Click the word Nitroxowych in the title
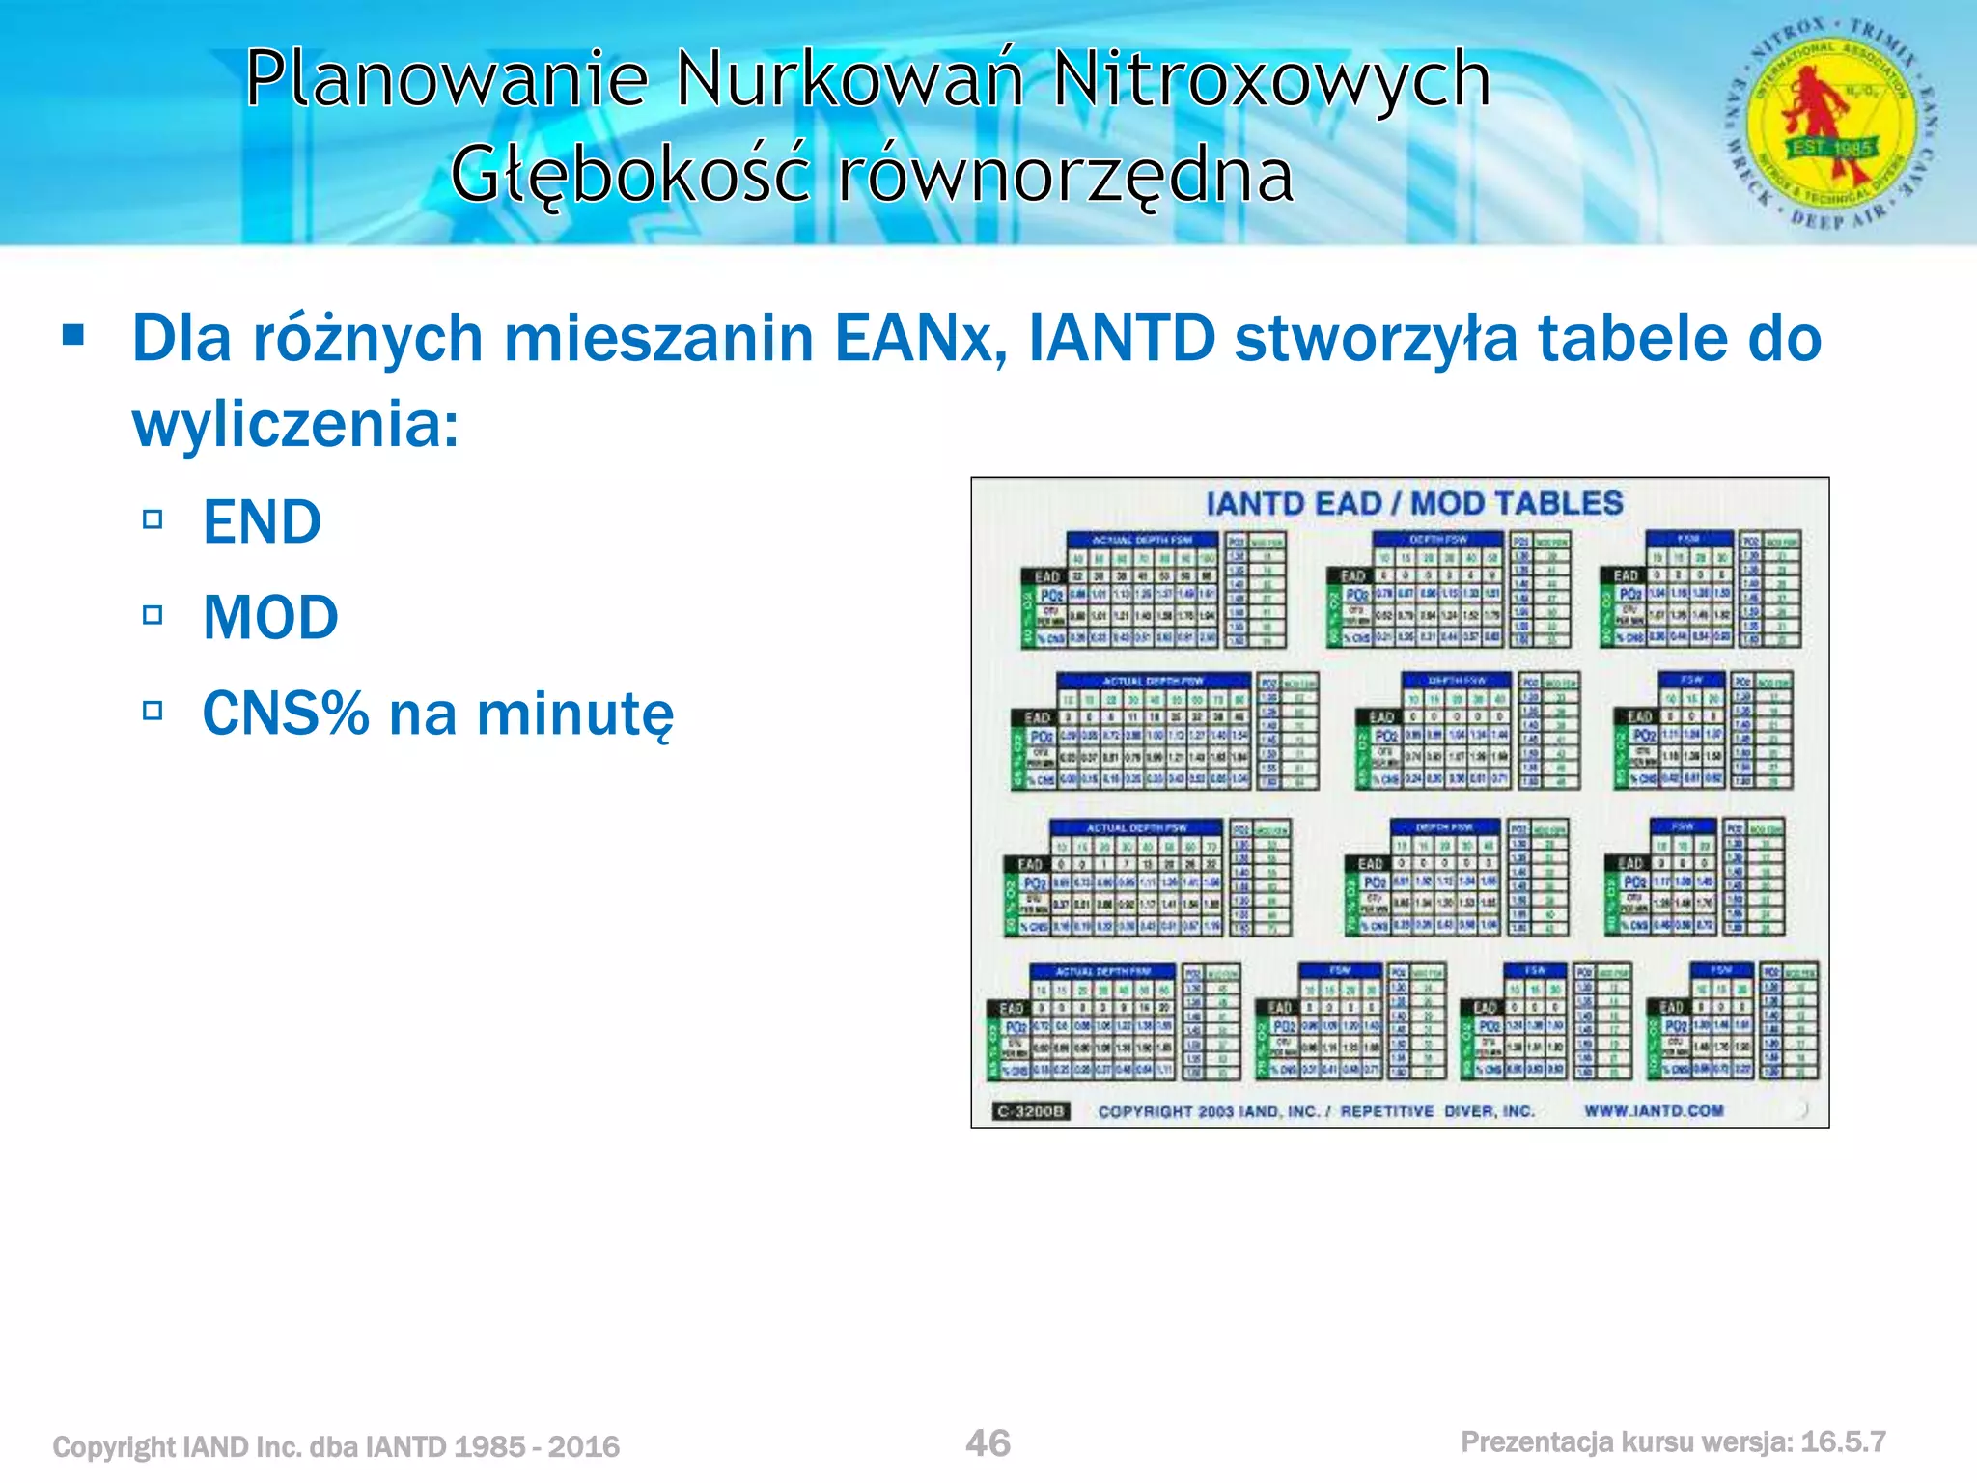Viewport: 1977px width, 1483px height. coord(1271,79)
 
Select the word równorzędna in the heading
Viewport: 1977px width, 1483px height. coord(1065,176)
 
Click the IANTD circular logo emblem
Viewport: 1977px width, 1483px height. coord(1831,124)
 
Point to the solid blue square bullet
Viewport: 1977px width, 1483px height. coord(72,336)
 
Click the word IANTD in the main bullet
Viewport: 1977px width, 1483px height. coord(1122,339)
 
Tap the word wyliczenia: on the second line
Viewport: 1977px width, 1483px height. coord(295,424)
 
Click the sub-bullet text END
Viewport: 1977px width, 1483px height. coord(262,522)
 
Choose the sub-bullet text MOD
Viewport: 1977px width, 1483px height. coord(270,618)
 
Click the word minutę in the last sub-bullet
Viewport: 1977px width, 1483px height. coord(575,714)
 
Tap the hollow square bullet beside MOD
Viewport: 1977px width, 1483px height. coord(153,615)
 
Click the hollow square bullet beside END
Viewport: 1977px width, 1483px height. coord(153,519)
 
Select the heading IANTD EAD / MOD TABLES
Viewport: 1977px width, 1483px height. coord(1414,503)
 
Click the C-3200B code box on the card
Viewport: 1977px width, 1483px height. coord(1031,1111)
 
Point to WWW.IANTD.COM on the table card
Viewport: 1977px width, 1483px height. coord(1653,1110)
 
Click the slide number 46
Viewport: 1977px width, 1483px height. coord(988,1443)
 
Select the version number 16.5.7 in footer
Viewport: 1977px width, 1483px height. coord(1843,1442)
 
